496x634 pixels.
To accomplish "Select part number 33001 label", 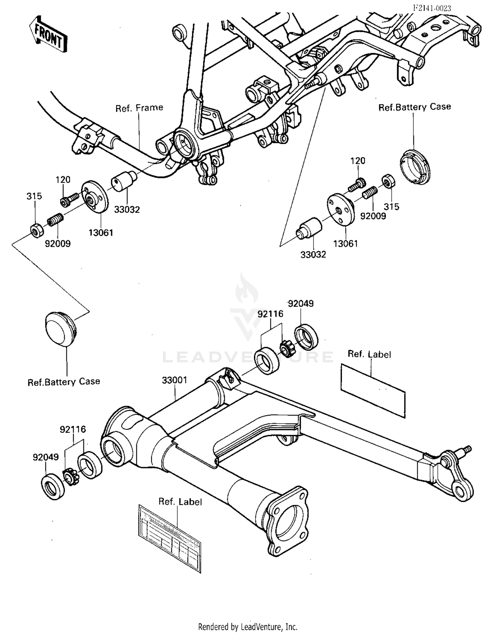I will click(174, 381).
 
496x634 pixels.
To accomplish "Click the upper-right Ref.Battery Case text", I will click(414, 107).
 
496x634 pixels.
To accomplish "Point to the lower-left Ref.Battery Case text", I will click(63, 382).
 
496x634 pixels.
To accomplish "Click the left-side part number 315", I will click(34, 196).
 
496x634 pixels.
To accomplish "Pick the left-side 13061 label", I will click(101, 233).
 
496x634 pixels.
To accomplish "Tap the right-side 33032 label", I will click(313, 254).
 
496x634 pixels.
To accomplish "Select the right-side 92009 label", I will click(373, 216).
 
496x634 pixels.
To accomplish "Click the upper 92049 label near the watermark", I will click(301, 303).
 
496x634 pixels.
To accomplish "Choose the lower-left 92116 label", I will click(72, 430).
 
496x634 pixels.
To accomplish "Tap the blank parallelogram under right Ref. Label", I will click(373, 390).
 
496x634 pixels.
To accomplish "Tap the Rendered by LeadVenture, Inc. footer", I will click(248, 626).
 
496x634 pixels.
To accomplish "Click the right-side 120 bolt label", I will click(357, 161).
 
